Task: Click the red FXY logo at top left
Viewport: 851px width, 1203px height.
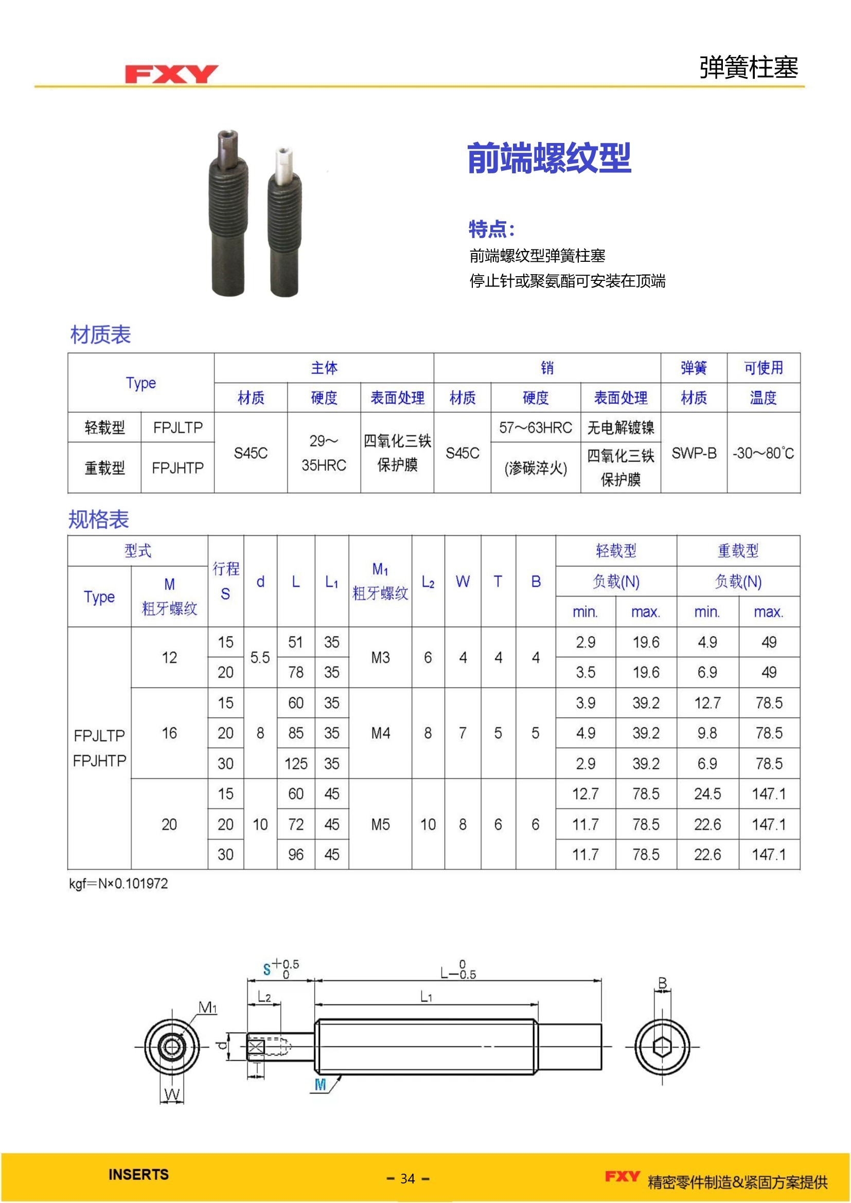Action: click(171, 74)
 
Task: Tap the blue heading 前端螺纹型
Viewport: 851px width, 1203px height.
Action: click(548, 158)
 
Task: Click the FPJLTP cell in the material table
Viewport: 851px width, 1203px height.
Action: click(178, 427)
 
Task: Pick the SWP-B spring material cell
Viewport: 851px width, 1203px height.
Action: click(694, 453)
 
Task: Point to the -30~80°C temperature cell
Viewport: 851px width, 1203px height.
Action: click(763, 453)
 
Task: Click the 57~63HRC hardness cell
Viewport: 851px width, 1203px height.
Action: click(535, 427)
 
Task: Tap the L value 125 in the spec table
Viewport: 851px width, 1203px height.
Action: click(296, 763)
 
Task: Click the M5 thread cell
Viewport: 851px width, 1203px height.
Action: click(380, 824)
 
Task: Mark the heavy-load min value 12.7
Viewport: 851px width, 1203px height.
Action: click(707, 703)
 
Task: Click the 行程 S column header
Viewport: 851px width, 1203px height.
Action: click(226, 581)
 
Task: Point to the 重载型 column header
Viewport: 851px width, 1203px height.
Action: click(738, 551)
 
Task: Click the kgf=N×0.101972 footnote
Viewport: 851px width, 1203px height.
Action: click(118, 884)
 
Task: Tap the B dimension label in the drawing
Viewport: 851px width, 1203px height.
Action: click(662, 983)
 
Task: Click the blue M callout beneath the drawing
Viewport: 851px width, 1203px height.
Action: click(320, 1085)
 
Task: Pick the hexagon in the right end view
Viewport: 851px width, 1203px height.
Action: click(662, 1047)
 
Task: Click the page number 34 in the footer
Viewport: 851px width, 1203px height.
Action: click(407, 1178)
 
